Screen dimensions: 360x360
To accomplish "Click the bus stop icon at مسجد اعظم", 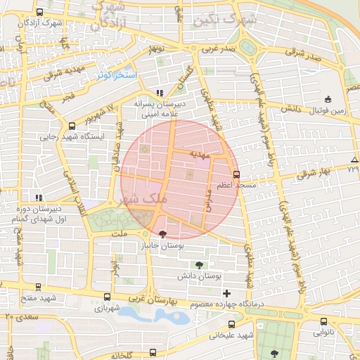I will (x=236, y=174).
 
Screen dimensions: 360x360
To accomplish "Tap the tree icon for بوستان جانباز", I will (x=164, y=234).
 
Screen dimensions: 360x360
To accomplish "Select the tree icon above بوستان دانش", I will (x=199, y=265).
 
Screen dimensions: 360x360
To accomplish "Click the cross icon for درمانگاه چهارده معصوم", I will (x=226, y=292).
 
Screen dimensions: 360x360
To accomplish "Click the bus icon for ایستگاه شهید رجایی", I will (x=70, y=127).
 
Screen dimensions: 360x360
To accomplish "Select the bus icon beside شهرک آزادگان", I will (x=39, y=13).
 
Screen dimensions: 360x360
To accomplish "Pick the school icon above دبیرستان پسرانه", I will (x=160, y=92).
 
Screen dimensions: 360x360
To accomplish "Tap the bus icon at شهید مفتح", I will (x=37, y=287).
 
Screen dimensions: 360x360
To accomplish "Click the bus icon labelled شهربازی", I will (x=107, y=297).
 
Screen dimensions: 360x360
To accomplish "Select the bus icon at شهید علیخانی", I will (x=233, y=325).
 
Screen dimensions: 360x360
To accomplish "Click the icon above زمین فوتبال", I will (x=328, y=99).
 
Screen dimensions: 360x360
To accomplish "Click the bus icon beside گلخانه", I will (x=153, y=352).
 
